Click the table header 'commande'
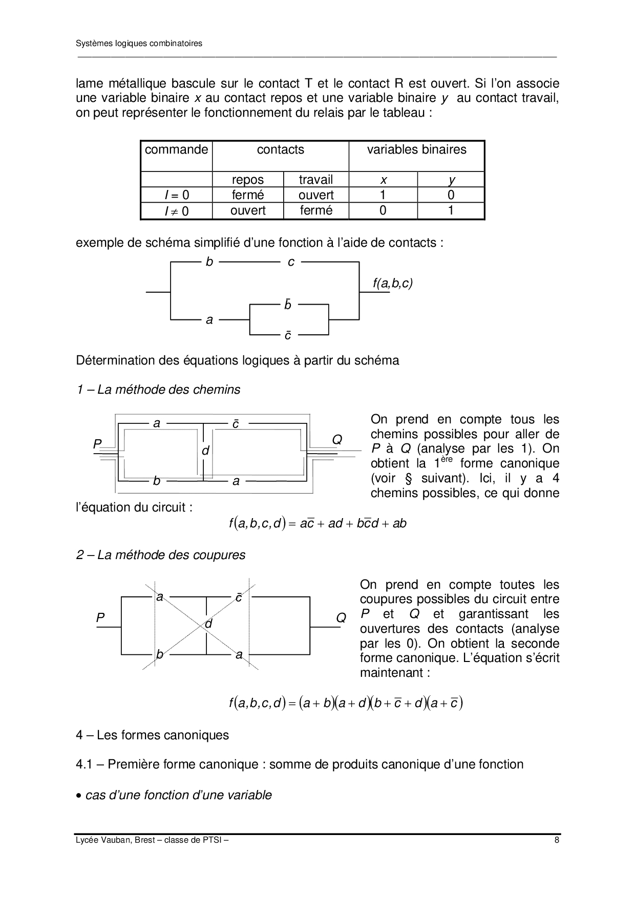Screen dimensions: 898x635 pyautogui.click(x=176, y=149)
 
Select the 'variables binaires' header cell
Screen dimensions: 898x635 pyautogui.click(x=416, y=149)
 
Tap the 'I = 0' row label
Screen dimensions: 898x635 pyautogui.click(x=176, y=195)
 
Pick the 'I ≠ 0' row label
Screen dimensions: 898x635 pyautogui.click(x=176, y=211)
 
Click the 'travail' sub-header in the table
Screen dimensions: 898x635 pyautogui.click(x=315, y=180)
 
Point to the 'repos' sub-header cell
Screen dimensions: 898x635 pyautogui.click(x=247, y=180)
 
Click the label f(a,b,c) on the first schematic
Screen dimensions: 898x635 pyautogui.click(x=392, y=283)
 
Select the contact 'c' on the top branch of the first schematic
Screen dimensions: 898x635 pyautogui.click(x=291, y=262)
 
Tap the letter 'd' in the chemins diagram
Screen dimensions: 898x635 pyautogui.click(x=205, y=451)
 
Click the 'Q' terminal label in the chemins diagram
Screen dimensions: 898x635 pyautogui.click(x=337, y=440)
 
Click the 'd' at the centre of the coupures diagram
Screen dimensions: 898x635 pyautogui.click(x=208, y=624)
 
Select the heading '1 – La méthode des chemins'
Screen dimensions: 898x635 pyautogui.click(x=158, y=390)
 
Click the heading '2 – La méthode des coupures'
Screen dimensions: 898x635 pyautogui.click(x=161, y=555)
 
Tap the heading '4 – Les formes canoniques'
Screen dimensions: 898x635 pyautogui.click(x=152, y=735)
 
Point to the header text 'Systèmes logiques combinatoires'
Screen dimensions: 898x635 pyautogui.click(x=139, y=44)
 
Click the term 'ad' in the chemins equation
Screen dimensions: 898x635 pyautogui.click(x=335, y=524)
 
